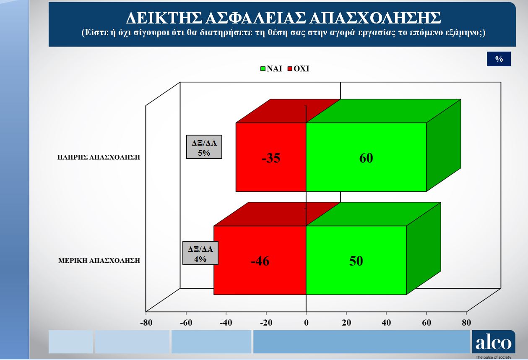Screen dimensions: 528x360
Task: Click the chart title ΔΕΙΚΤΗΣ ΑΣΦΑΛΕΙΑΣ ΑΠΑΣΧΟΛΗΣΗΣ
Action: (x=284, y=18)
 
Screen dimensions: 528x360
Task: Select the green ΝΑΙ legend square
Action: (x=263, y=69)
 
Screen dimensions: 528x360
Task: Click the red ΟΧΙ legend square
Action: (x=290, y=69)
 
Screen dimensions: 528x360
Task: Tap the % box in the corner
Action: (x=499, y=59)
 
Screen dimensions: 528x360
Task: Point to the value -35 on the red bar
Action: (x=271, y=158)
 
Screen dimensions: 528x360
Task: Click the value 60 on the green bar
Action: (x=366, y=158)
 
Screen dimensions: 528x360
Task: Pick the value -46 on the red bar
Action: (x=260, y=261)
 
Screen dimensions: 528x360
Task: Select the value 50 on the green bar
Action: (x=356, y=261)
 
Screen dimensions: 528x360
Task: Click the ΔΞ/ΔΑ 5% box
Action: (x=204, y=147)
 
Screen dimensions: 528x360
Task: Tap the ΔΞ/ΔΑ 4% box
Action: (x=200, y=253)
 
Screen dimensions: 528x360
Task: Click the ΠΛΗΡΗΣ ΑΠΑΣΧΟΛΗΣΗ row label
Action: (x=99, y=157)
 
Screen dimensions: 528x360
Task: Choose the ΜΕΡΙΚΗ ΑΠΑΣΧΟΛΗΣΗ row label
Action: (x=99, y=261)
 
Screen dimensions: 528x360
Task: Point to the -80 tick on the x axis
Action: (x=146, y=323)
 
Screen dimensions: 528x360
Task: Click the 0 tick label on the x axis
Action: (x=306, y=323)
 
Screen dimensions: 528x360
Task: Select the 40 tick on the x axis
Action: (x=386, y=323)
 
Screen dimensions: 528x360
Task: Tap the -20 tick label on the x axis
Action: (x=266, y=323)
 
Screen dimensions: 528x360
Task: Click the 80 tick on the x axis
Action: (x=466, y=323)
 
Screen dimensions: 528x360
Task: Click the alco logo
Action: (x=494, y=342)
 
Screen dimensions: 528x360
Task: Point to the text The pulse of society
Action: (x=493, y=357)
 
